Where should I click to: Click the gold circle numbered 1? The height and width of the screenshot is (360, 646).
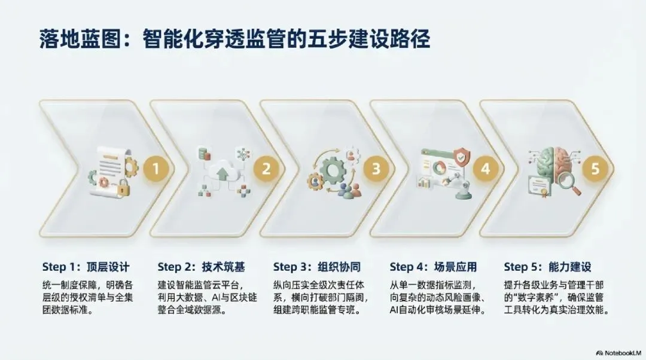156,169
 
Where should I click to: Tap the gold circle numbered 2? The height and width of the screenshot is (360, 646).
266,169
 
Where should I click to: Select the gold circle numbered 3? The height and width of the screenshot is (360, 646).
376,169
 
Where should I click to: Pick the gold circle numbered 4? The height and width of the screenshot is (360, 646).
485,169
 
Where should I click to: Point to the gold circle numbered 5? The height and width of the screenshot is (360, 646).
595,169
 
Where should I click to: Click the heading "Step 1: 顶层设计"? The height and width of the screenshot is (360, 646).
86,267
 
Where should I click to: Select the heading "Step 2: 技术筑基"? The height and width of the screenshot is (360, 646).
201,267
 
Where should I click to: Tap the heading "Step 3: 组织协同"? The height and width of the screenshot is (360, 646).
317,267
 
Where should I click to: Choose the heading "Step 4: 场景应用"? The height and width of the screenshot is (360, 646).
433,267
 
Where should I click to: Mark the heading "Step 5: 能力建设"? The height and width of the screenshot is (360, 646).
547,267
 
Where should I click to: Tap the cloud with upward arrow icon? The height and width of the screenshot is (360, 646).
223,170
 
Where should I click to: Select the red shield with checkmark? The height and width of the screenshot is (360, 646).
461,157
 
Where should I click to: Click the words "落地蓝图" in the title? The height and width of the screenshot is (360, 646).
80,39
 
